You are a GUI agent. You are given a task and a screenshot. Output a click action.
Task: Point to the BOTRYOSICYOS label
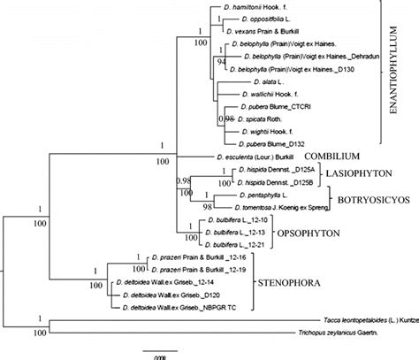(368, 200)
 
